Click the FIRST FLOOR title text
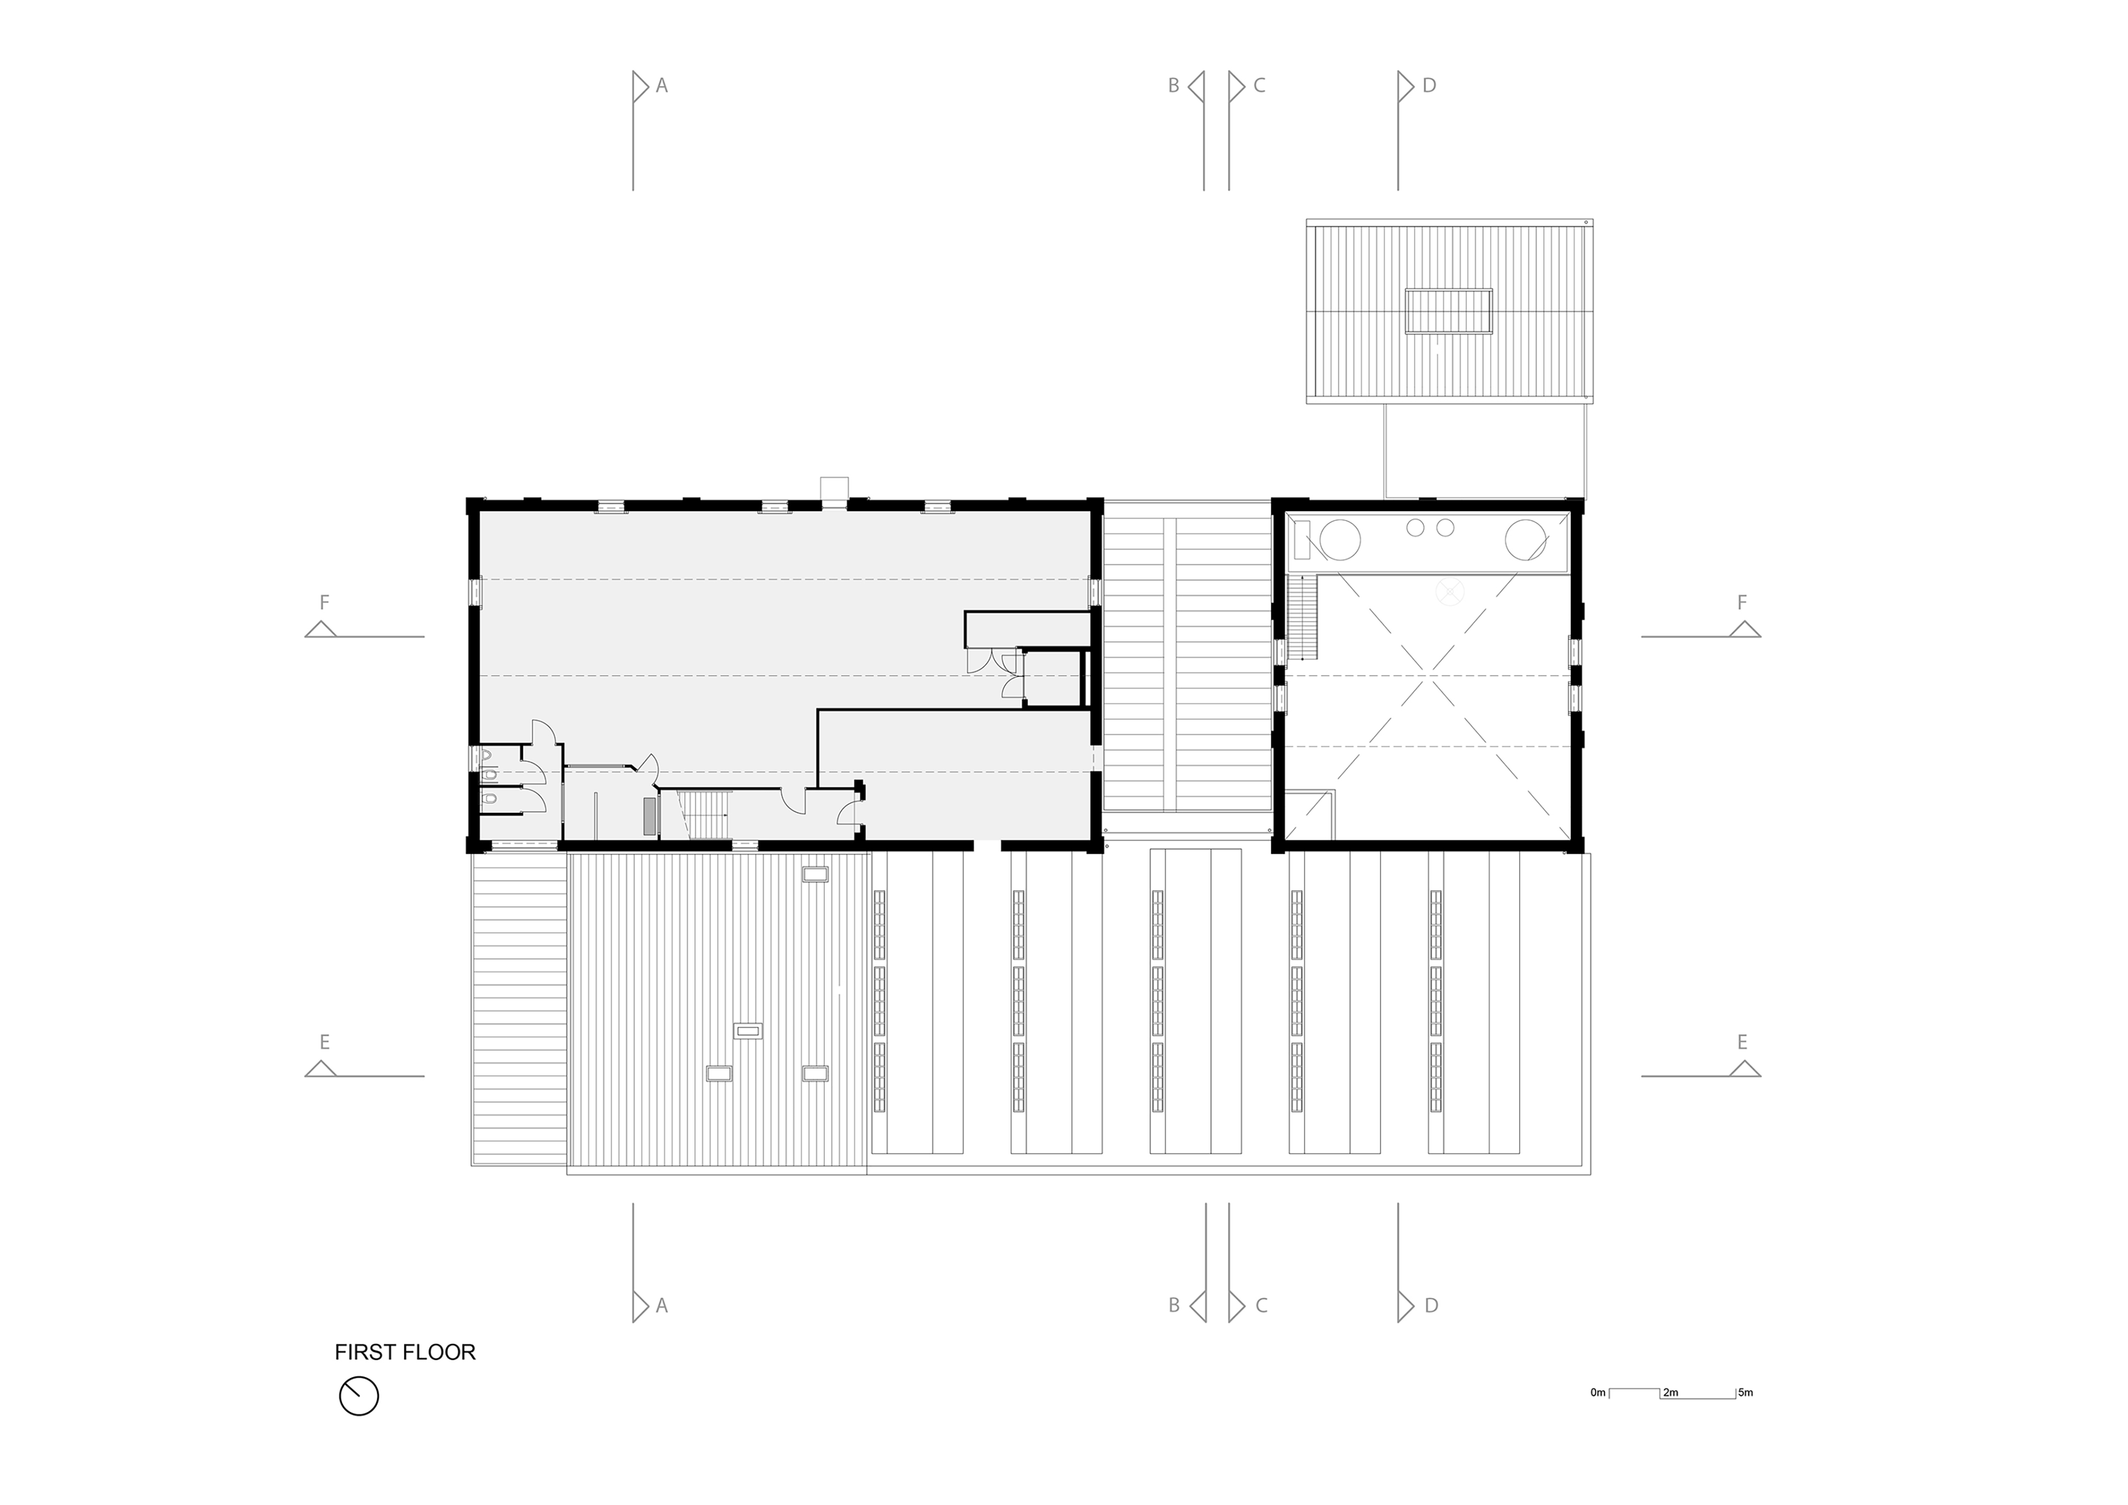click(x=405, y=1352)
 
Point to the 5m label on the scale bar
click(x=1745, y=1393)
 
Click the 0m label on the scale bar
click(x=1598, y=1393)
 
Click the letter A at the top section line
click(x=662, y=85)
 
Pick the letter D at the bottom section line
click(x=1431, y=1306)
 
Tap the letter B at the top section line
click(x=1173, y=85)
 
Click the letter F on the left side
click(x=325, y=603)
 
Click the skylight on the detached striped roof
click(x=1449, y=311)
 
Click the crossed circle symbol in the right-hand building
click(x=1449, y=591)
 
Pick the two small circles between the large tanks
click(x=1430, y=527)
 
